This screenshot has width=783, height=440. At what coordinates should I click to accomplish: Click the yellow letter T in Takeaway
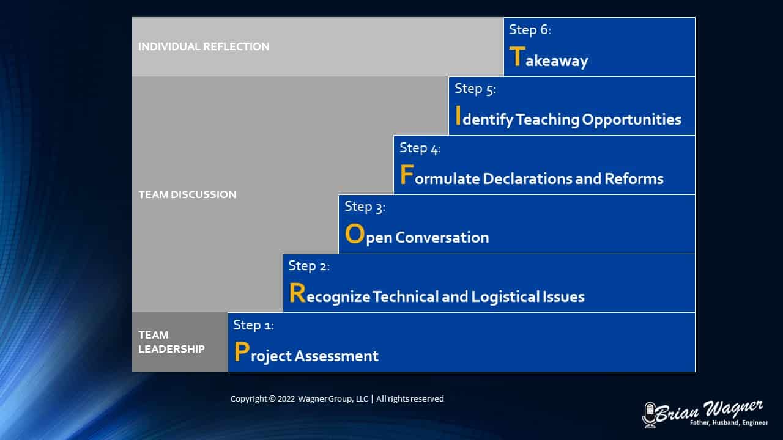pos(518,56)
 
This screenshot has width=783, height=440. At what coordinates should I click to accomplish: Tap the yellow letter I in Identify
pos(458,116)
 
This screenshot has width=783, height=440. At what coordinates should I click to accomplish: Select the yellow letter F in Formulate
pos(407,174)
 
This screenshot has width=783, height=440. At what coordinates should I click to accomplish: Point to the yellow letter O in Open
pos(355,233)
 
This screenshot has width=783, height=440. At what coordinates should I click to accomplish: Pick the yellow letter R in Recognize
pos(297,293)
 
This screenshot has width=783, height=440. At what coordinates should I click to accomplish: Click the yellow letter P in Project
pos(242,351)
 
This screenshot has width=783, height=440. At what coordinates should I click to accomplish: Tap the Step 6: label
pos(530,30)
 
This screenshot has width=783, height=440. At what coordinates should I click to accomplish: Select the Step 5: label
pos(475,89)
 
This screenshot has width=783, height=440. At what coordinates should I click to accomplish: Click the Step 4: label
pos(420,148)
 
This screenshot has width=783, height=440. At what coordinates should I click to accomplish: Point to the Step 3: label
pos(365,207)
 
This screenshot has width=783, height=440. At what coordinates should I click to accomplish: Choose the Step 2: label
pos(309,266)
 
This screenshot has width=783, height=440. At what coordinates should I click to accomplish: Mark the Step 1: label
pos(254,324)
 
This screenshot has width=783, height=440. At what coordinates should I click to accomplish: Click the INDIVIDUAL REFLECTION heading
pos(204,46)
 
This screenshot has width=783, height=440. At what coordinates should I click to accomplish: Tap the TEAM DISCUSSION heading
pos(187,194)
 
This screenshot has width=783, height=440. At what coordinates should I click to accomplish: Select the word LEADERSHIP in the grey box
pos(172,349)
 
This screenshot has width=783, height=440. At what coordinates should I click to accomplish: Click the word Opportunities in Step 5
pos(632,120)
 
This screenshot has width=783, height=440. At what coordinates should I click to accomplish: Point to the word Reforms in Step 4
pos(634,179)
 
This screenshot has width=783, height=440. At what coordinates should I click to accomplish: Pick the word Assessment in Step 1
pos(336,356)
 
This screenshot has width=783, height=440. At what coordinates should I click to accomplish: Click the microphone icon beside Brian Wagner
pos(650,415)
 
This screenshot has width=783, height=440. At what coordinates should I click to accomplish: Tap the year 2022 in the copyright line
pos(286,399)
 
